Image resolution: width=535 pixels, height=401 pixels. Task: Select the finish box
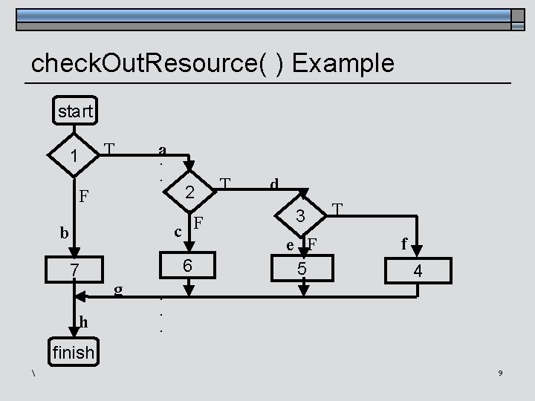coord(72,353)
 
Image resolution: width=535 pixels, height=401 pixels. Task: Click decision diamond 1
coord(73,156)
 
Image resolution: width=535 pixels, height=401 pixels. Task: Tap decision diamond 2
coord(189,192)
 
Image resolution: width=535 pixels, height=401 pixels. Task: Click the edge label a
coord(162,149)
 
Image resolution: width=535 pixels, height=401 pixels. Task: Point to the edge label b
coord(65,233)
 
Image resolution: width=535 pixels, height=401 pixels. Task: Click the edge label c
coord(178,231)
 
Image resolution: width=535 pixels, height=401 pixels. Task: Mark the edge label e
coord(291,246)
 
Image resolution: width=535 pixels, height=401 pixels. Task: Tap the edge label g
coord(118,288)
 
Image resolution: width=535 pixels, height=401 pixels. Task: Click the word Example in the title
coord(343,64)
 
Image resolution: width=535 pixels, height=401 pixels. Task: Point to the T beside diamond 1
coord(108,148)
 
